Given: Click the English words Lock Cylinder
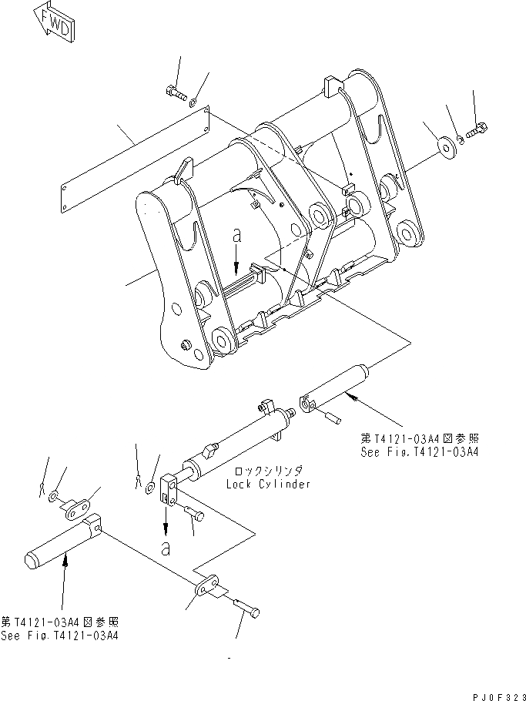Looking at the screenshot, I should pos(268,485).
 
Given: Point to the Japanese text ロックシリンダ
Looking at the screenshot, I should pos(269,471).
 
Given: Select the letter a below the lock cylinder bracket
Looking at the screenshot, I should pos(165,548).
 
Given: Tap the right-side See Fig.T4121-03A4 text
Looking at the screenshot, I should pos(419,452).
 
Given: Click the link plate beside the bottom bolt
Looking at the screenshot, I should pos(206,589).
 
